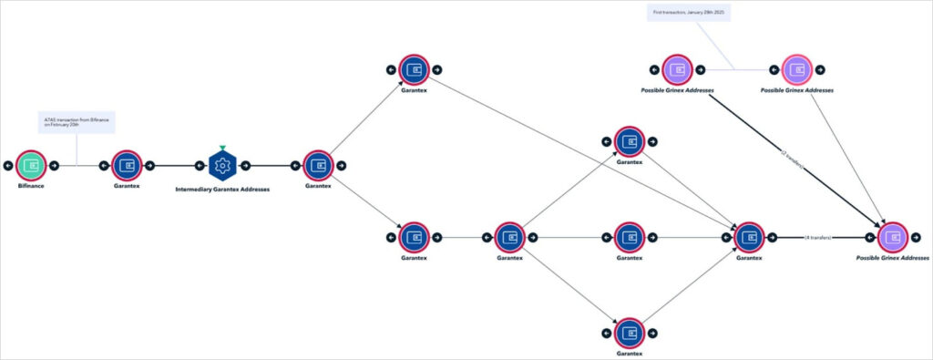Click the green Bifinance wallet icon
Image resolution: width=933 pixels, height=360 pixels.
(x=32, y=166)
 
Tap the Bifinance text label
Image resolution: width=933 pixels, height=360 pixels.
(x=32, y=186)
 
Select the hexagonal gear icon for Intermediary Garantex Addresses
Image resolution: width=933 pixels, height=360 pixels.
(x=222, y=166)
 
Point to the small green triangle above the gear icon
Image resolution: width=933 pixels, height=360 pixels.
(x=222, y=147)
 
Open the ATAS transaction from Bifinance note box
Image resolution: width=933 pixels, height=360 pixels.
(x=77, y=122)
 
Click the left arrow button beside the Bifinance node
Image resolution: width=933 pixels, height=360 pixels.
(x=8, y=166)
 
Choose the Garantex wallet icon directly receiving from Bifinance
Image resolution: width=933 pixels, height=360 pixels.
(x=128, y=166)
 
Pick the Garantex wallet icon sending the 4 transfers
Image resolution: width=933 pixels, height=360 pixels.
(x=749, y=237)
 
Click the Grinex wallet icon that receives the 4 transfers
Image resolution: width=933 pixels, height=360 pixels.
(x=893, y=237)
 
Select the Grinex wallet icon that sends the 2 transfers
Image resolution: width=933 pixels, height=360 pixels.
(x=677, y=69)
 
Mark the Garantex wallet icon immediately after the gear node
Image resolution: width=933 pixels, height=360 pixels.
(x=318, y=166)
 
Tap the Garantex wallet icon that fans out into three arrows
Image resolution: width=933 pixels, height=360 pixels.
(x=510, y=237)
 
